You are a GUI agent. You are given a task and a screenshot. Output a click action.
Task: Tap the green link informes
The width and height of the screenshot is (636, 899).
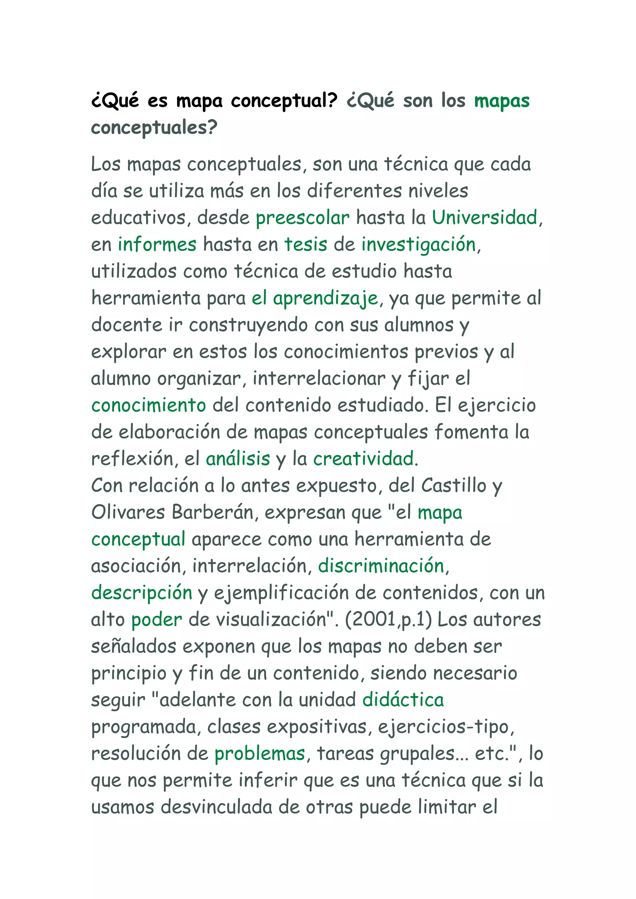(157, 245)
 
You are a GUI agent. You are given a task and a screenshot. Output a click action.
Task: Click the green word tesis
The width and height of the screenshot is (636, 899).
(306, 245)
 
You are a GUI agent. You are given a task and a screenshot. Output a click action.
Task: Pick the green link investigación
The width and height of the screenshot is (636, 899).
(418, 245)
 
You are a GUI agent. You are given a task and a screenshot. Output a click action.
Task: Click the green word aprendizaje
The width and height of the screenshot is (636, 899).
(325, 298)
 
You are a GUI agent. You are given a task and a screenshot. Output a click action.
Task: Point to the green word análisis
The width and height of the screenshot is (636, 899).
(238, 459)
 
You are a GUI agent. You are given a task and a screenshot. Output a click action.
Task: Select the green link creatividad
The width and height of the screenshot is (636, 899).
(363, 459)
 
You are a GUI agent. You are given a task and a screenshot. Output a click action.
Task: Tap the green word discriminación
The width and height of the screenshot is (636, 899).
(381, 566)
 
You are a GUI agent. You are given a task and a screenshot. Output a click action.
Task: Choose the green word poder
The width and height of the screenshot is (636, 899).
(157, 620)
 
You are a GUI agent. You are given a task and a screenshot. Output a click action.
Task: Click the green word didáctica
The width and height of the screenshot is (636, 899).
(403, 700)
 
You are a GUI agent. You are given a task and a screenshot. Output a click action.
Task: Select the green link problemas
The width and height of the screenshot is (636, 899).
(260, 754)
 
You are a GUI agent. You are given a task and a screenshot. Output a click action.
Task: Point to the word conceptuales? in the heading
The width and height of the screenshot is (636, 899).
(154, 128)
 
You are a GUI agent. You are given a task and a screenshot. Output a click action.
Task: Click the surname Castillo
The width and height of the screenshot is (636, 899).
(453, 486)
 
